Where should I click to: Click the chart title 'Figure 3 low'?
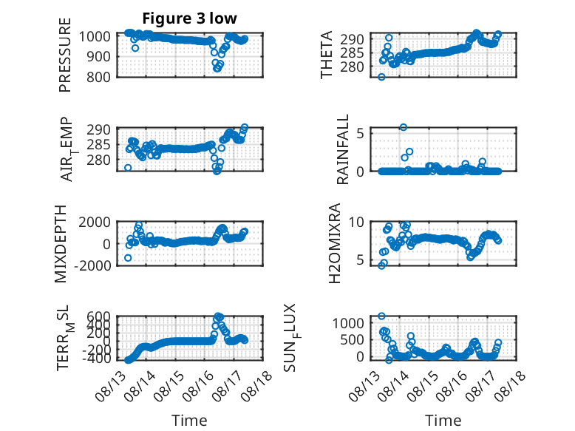pos(190,18)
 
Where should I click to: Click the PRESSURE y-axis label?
pos(64,55)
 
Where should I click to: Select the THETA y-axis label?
pos(326,55)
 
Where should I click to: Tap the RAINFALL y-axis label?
pos(342,149)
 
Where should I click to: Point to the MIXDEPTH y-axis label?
pos(61,244)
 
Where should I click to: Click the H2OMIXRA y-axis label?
pos(335,243)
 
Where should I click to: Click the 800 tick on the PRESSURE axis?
pos(98,77)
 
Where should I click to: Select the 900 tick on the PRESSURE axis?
pos(98,56)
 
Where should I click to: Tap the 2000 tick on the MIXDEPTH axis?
pos(95,223)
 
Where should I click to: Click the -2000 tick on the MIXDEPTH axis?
pos(92,265)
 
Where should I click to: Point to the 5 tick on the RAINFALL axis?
pos(360,133)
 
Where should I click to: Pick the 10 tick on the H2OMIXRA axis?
pos(356,222)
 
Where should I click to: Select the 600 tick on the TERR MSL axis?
pos(98,316)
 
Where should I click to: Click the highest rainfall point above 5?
pos(404,127)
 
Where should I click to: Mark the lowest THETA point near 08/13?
pos(381,77)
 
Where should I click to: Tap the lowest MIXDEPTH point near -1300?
pos(128,258)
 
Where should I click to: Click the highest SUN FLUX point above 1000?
pos(381,316)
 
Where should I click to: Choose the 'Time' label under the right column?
pos(443,421)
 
